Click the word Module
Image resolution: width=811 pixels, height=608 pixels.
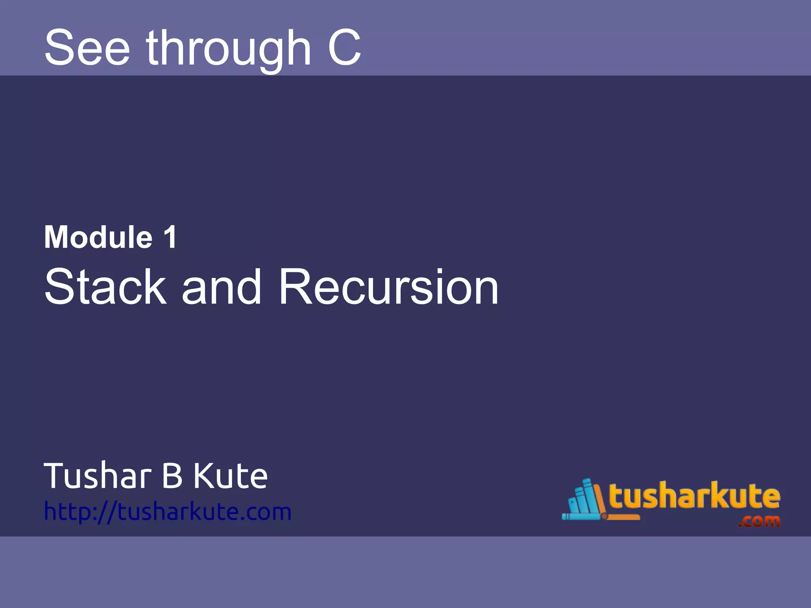pyautogui.click(x=98, y=237)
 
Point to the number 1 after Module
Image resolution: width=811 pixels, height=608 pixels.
pyautogui.click(x=170, y=237)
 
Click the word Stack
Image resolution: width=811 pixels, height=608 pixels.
pyautogui.click(x=105, y=287)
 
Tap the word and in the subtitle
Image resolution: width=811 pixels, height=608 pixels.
pyautogui.click(x=221, y=287)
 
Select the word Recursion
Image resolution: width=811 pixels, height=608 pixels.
pyautogui.click(x=388, y=287)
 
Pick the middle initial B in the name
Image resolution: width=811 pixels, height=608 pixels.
pyautogui.click(x=172, y=476)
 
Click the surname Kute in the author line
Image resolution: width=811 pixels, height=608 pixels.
pyautogui.click(x=230, y=476)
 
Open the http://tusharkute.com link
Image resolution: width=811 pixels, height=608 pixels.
pyautogui.click(x=168, y=511)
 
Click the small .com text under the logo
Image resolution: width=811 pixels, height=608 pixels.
pyautogui.click(x=758, y=521)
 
